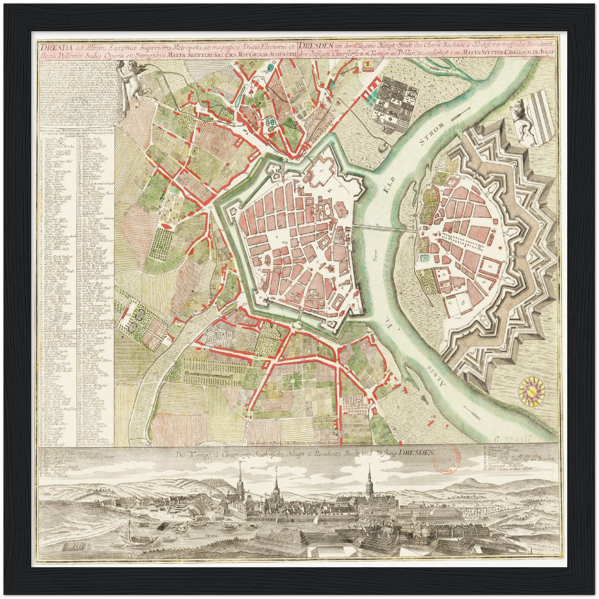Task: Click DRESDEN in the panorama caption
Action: click(x=416, y=453)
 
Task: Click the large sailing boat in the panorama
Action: click(x=129, y=536)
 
